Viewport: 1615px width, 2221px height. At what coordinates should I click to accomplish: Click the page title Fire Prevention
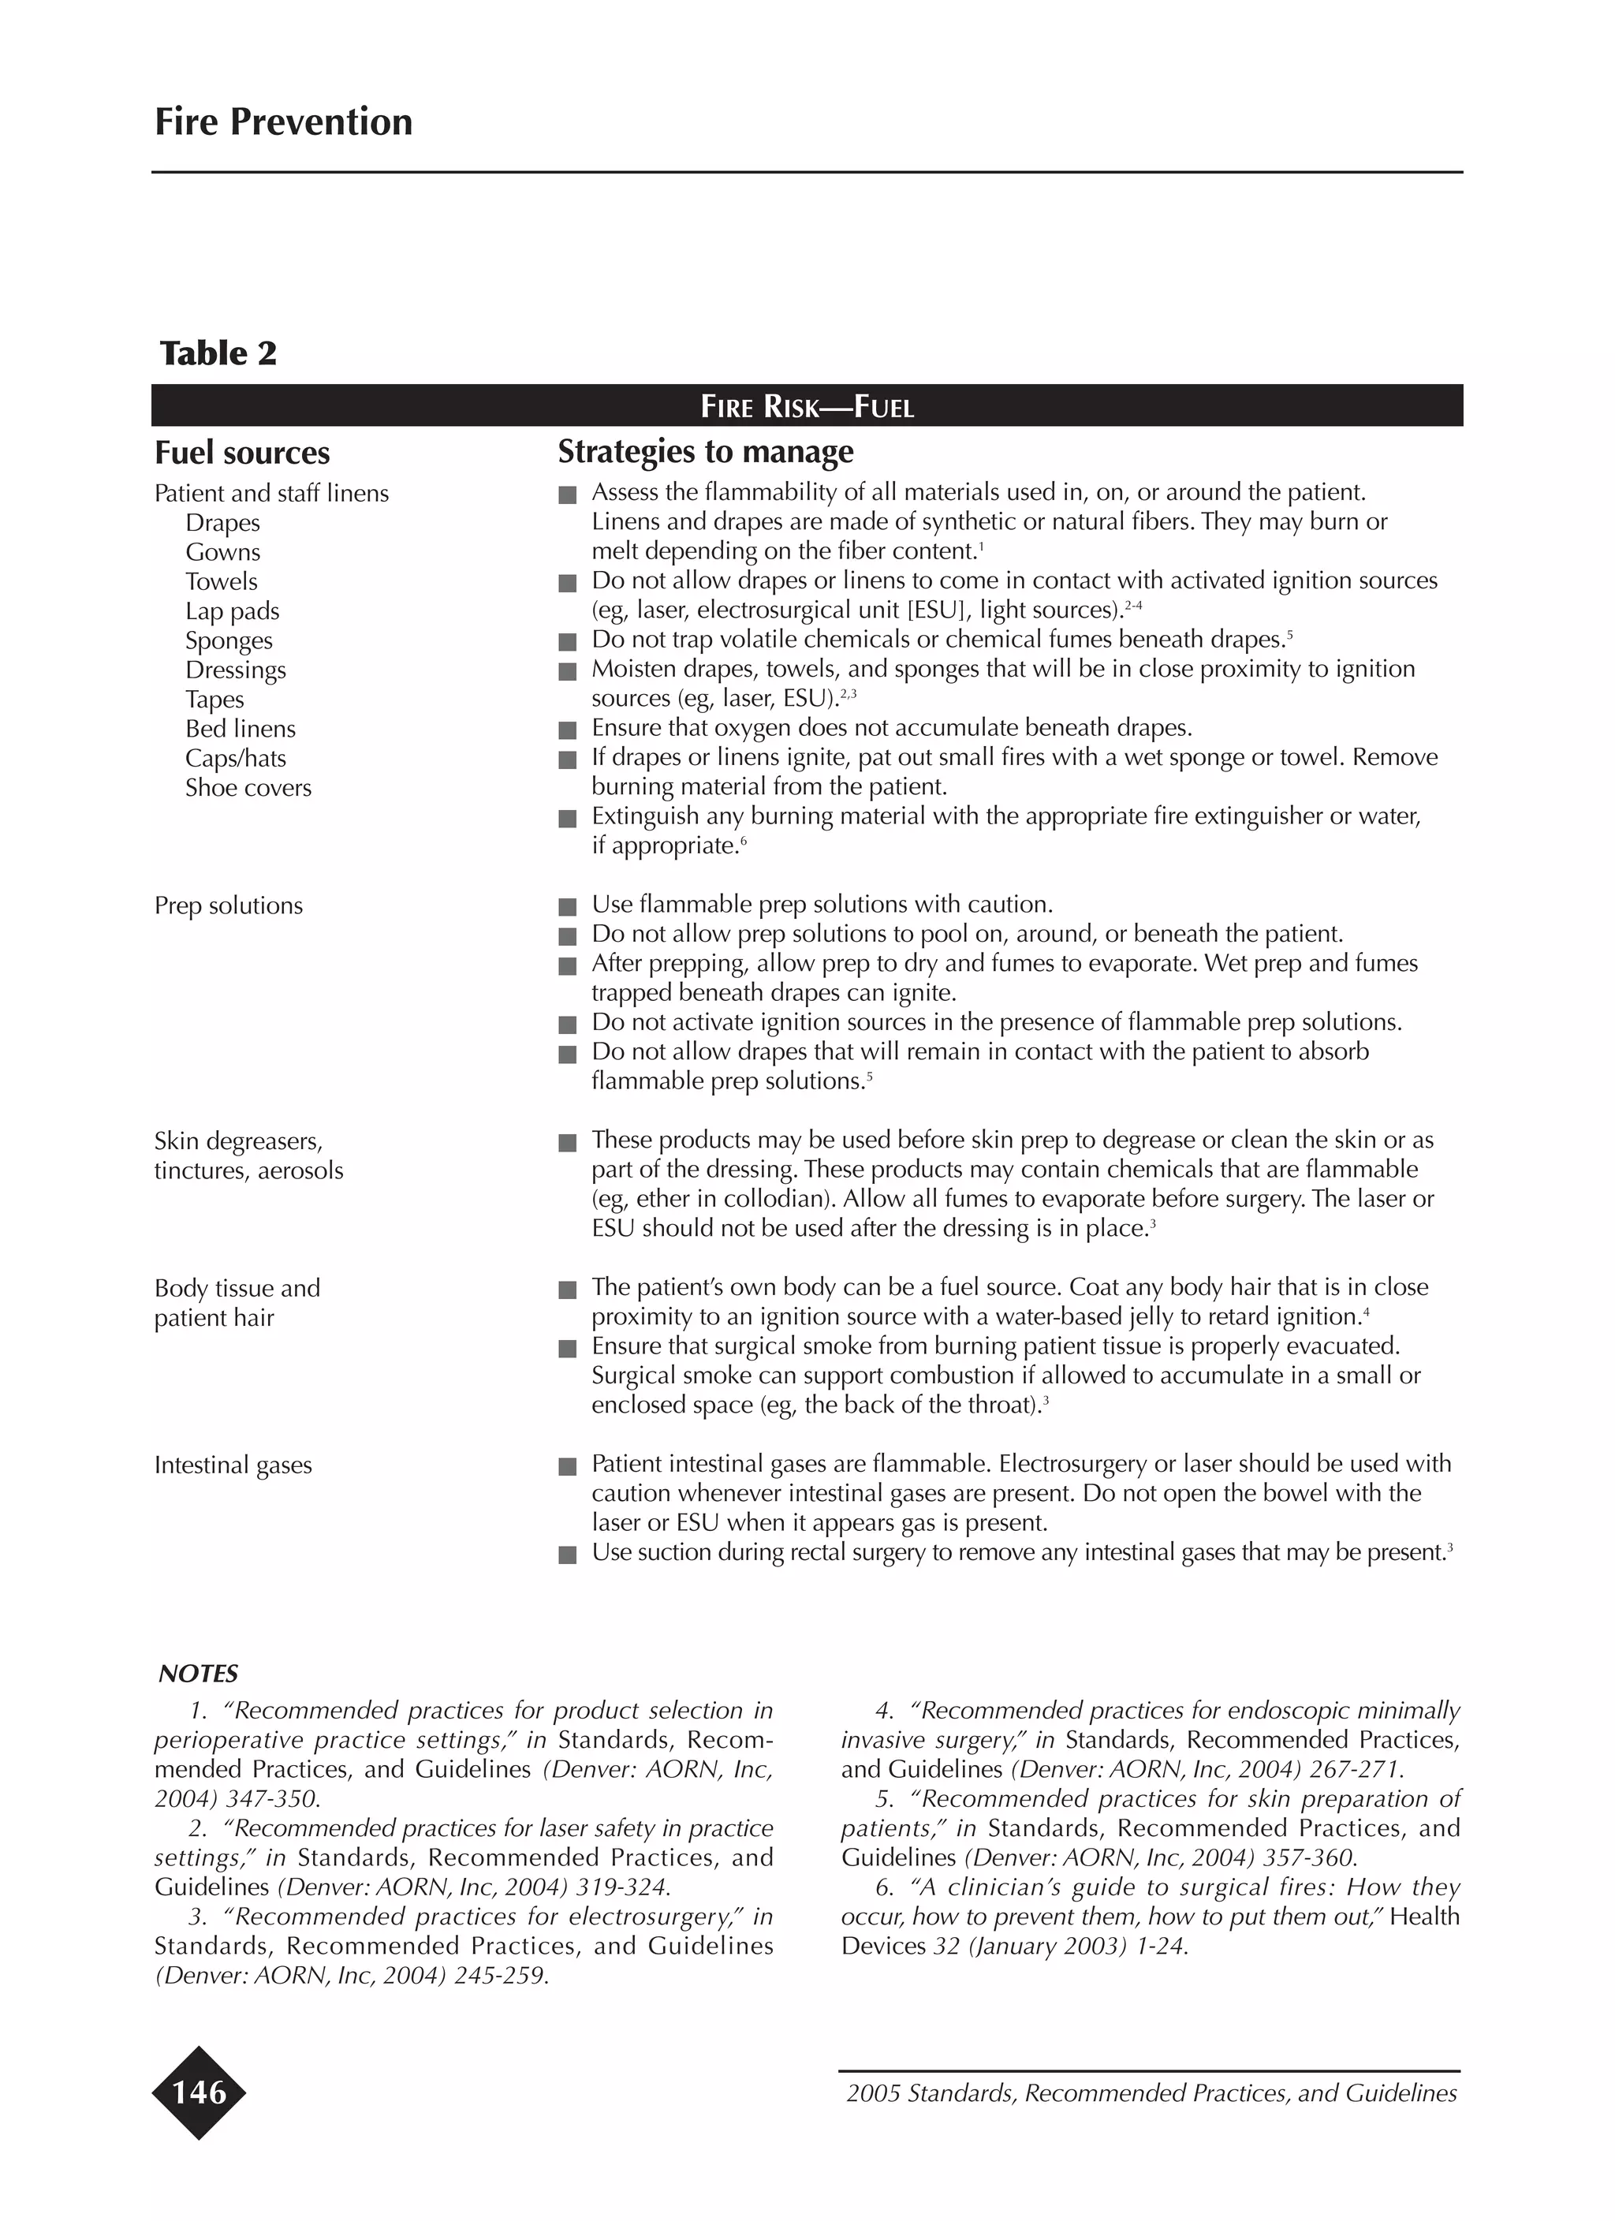(x=283, y=122)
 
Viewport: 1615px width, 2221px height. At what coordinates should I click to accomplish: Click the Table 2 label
(x=218, y=353)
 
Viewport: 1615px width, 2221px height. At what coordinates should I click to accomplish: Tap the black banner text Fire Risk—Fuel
(x=807, y=406)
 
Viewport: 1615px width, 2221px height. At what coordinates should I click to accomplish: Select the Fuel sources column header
(x=242, y=454)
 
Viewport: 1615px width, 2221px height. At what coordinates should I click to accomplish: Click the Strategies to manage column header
(x=705, y=451)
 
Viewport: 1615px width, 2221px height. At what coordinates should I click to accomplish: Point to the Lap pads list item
(x=232, y=611)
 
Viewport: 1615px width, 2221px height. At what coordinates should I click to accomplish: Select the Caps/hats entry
(x=235, y=758)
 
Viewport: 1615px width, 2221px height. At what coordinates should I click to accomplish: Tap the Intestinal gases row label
(x=233, y=1465)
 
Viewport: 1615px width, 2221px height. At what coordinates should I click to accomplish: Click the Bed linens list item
(x=240, y=729)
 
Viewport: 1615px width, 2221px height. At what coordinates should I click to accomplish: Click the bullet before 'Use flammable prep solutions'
(x=567, y=907)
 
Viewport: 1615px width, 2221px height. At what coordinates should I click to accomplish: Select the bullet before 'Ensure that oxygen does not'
(x=567, y=730)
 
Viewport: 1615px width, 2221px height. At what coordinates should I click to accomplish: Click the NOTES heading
(x=199, y=1674)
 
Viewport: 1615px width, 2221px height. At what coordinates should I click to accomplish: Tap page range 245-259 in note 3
(x=498, y=1975)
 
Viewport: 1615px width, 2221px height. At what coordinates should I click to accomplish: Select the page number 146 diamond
(x=199, y=2092)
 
